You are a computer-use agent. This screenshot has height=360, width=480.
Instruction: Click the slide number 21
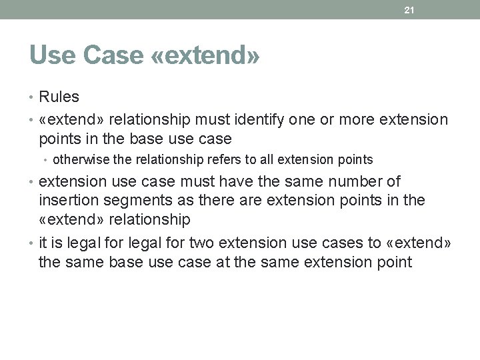point(410,9)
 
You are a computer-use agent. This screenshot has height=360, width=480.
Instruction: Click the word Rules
point(59,97)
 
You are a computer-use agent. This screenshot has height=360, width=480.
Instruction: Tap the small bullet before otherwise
point(47,160)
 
